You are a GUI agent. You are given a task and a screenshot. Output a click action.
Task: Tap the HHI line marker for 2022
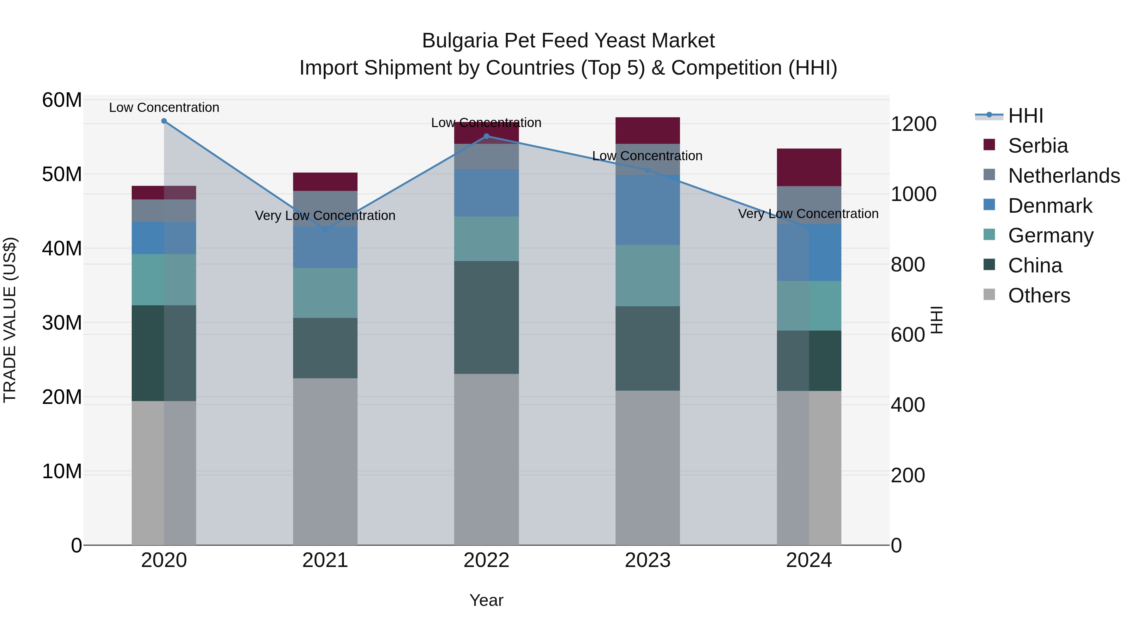click(486, 136)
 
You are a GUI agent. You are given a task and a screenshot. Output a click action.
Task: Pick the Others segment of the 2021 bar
click(325, 461)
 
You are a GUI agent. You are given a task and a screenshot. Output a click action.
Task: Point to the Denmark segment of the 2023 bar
click(647, 210)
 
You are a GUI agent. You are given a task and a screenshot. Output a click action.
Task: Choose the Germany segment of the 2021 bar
click(325, 293)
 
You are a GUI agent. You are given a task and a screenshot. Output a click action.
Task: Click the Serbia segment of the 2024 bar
click(809, 168)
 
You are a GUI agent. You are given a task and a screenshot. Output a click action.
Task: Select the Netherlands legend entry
click(1064, 176)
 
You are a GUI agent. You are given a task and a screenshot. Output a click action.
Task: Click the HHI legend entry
click(1025, 116)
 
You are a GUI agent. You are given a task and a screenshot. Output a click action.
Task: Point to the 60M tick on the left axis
click(62, 100)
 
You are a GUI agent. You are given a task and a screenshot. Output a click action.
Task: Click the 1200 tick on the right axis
click(913, 124)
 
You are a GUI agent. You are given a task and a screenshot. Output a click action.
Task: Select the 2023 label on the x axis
click(647, 560)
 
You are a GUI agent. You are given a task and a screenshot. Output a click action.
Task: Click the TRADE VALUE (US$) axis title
click(10, 320)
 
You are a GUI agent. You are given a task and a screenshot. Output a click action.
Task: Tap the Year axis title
click(486, 600)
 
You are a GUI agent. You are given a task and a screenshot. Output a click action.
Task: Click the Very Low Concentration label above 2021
click(325, 216)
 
